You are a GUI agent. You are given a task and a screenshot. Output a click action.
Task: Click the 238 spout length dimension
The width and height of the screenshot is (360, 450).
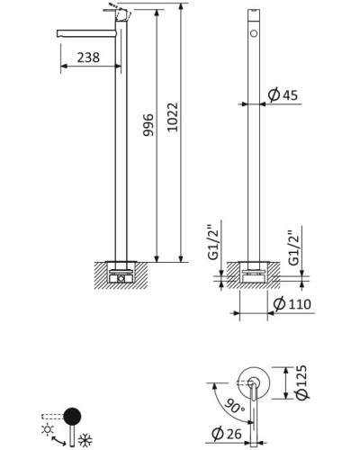point(88,58)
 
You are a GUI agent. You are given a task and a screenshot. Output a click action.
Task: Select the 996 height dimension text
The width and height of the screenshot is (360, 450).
point(148,125)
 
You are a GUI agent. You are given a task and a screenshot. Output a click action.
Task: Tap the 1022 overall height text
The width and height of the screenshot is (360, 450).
point(173,117)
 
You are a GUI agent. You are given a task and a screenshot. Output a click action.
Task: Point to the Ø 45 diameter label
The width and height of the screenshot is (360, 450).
point(283,95)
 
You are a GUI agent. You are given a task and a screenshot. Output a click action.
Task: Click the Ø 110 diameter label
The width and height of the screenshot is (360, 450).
point(292,304)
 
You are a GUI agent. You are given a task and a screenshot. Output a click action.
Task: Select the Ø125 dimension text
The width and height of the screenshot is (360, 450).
point(301,382)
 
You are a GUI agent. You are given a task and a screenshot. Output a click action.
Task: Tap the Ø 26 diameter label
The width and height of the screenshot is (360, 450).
point(227,434)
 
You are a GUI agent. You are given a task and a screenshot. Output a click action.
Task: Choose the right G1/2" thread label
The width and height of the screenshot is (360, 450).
point(293,248)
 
